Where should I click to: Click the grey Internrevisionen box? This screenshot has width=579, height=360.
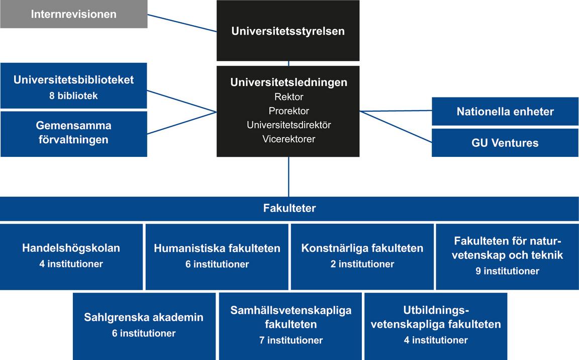pos(73,14)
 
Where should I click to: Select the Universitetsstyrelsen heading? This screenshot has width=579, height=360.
pos(288,31)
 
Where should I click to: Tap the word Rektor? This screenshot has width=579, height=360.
pos(288,97)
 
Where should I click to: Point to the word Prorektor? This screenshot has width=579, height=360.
pos(288,111)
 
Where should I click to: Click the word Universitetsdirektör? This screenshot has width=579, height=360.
pos(288,125)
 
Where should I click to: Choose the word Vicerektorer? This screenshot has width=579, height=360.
pos(288,139)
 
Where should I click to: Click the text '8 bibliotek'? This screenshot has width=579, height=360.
pos(73,96)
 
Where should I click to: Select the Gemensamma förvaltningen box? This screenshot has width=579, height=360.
pos(73,133)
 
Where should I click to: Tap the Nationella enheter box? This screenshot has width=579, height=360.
pos(505,112)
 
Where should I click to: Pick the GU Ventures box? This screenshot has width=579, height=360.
pos(505,143)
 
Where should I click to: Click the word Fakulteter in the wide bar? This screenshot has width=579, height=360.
pos(289,208)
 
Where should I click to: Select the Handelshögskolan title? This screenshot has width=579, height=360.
pos(71,248)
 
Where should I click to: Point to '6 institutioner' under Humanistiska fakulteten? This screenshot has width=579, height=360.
pos(217,264)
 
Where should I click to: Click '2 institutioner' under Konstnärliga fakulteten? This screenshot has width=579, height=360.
pos(362,264)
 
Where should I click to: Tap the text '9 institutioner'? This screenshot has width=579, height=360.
pos(507,271)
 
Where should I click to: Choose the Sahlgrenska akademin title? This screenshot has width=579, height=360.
pos(144,317)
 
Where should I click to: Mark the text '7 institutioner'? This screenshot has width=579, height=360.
pos(291,340)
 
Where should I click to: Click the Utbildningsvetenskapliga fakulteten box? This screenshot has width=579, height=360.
pos(436,325)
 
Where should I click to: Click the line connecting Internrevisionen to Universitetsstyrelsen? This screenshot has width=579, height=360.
pos(182,23)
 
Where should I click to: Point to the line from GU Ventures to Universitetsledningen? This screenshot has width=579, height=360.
pos(396,127)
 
